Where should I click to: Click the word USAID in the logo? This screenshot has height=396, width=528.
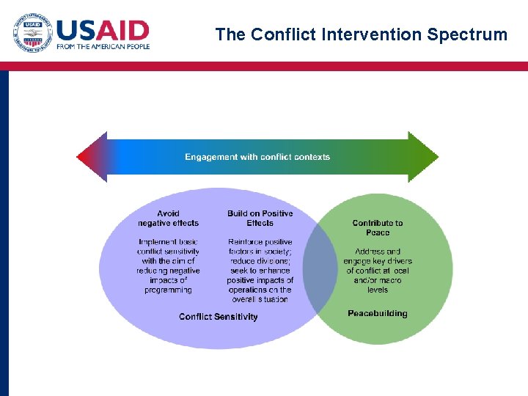click(103, 30)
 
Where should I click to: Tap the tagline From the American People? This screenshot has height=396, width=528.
click(103, 47)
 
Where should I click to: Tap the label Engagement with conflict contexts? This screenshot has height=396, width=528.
click(257, 157)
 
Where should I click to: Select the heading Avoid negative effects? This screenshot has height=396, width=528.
click(168, 218)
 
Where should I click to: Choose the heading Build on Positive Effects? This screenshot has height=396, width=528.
click(260, 218)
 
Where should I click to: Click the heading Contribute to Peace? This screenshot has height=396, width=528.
click(378, 227)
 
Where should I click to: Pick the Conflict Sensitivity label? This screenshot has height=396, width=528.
click(219, 317)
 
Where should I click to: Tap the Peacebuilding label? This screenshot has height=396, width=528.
click(378, 313)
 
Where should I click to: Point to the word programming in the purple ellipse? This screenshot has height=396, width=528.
click(168, 290)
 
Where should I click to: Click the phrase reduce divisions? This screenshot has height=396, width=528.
click(260, 261)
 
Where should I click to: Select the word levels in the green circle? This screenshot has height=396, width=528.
click(378, 290)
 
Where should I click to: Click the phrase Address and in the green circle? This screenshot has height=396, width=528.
click(378, 252)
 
